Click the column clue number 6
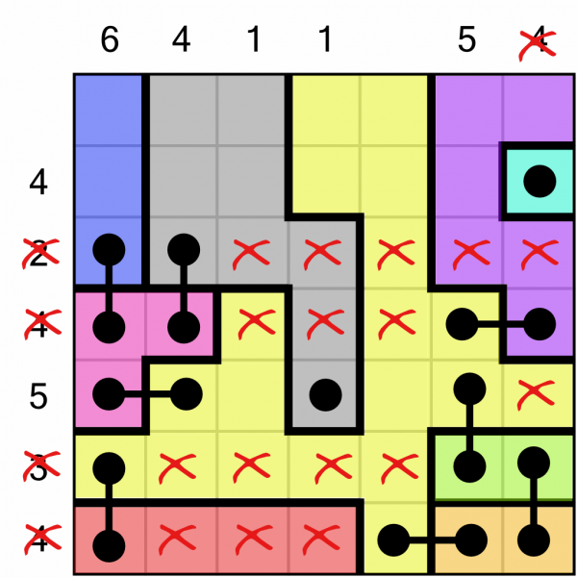click(110, 39)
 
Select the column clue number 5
click(466, 39)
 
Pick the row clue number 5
click(38, 396)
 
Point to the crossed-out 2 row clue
click(40, 253)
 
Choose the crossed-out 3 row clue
click(40, 465)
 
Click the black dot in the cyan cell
click(539, 182)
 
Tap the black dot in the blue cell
click(109, 249)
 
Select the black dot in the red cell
click(109, 545)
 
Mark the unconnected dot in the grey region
click(325, 395)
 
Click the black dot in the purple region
click(539, 324)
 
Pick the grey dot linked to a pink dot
click(184, 249)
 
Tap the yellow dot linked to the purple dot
click(462, 324)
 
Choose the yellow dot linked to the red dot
click(109, 468)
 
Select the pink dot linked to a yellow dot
click(109, 394)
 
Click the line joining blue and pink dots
click(109, 288)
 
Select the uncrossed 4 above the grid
click(181, 39)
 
